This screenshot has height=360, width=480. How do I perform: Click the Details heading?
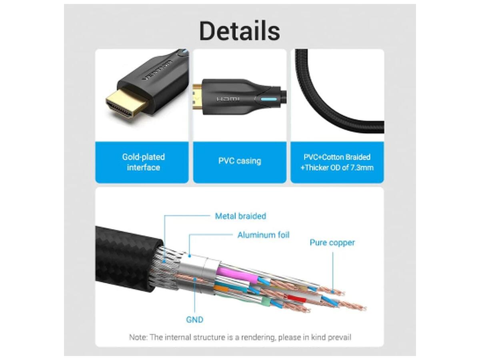[240, 31]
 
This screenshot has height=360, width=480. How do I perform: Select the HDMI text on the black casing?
[228, 99]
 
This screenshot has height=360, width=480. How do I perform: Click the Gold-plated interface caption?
[144, 162]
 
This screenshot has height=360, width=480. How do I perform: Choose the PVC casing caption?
[240, 161]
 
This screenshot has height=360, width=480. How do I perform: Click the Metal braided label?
[240, 216]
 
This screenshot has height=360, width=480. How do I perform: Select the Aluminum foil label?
[263, 235]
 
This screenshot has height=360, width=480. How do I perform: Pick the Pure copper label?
[332, 243]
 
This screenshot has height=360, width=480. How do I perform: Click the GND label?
[195, 320]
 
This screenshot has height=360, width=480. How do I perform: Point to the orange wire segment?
[221, 288]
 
